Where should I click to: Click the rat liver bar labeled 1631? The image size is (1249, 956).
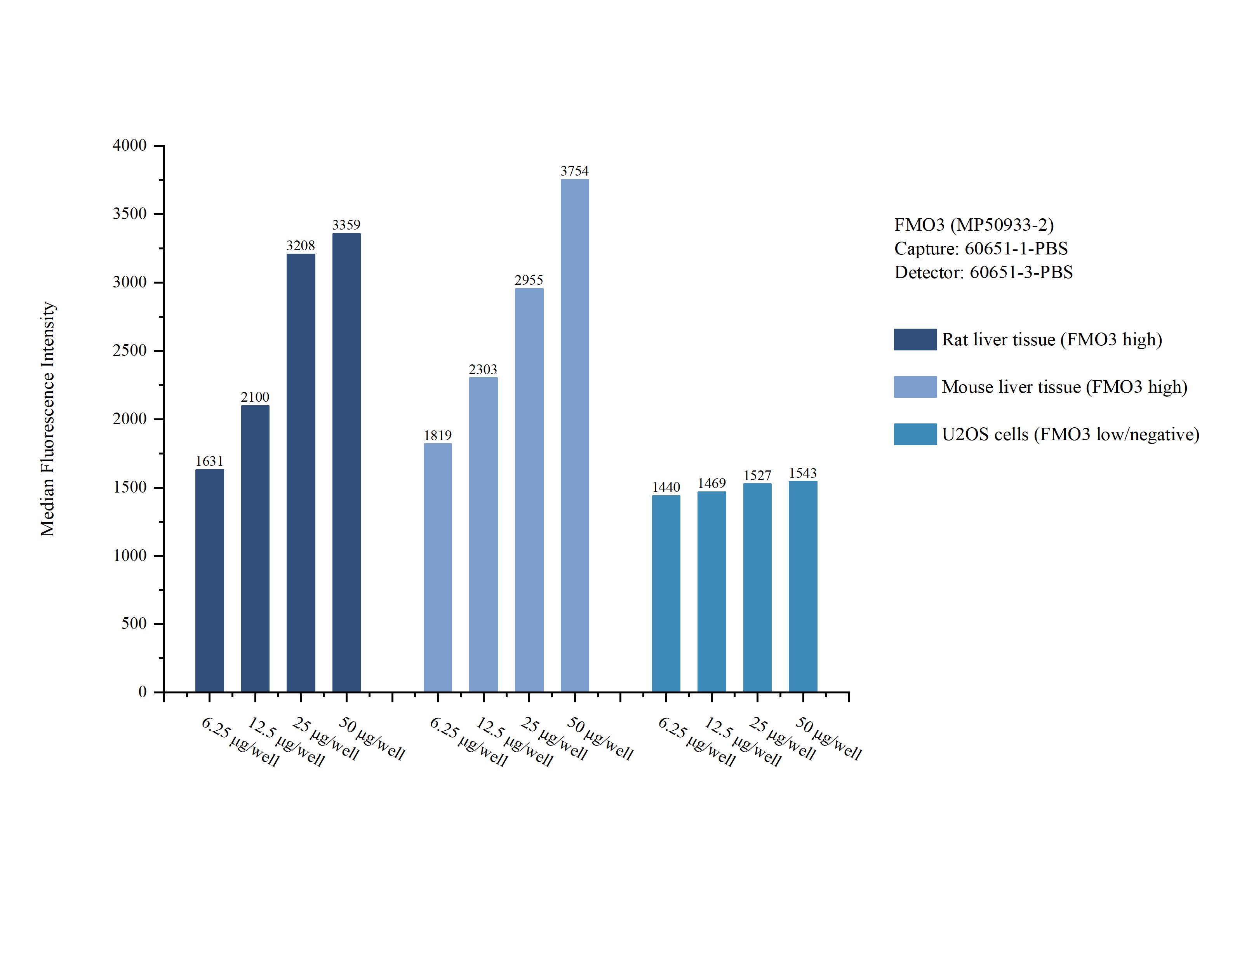[209, 580]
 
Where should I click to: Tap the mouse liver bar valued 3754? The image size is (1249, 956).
[574, 435]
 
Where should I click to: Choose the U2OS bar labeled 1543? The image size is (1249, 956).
[802, 586]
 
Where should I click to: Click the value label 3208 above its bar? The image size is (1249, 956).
[300, 245]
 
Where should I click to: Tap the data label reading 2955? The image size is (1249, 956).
[529, 280]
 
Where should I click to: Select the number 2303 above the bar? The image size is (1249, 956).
[483, 369]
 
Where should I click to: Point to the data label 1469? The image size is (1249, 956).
[711, 483]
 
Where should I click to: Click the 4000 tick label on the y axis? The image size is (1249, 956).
[130, 145]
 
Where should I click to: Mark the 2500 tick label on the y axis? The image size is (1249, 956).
[130, 350]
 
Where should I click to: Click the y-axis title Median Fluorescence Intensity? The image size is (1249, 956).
[48, 419]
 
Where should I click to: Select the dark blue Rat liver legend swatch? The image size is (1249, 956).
[915, 339]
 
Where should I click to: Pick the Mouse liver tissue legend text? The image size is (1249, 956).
[1064, 387]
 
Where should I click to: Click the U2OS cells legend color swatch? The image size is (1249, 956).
[915, 434]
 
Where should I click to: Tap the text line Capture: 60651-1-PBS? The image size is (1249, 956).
[981, 248]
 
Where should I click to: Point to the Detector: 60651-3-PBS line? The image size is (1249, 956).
[983, 272]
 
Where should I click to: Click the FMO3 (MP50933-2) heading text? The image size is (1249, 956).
[974, 225]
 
